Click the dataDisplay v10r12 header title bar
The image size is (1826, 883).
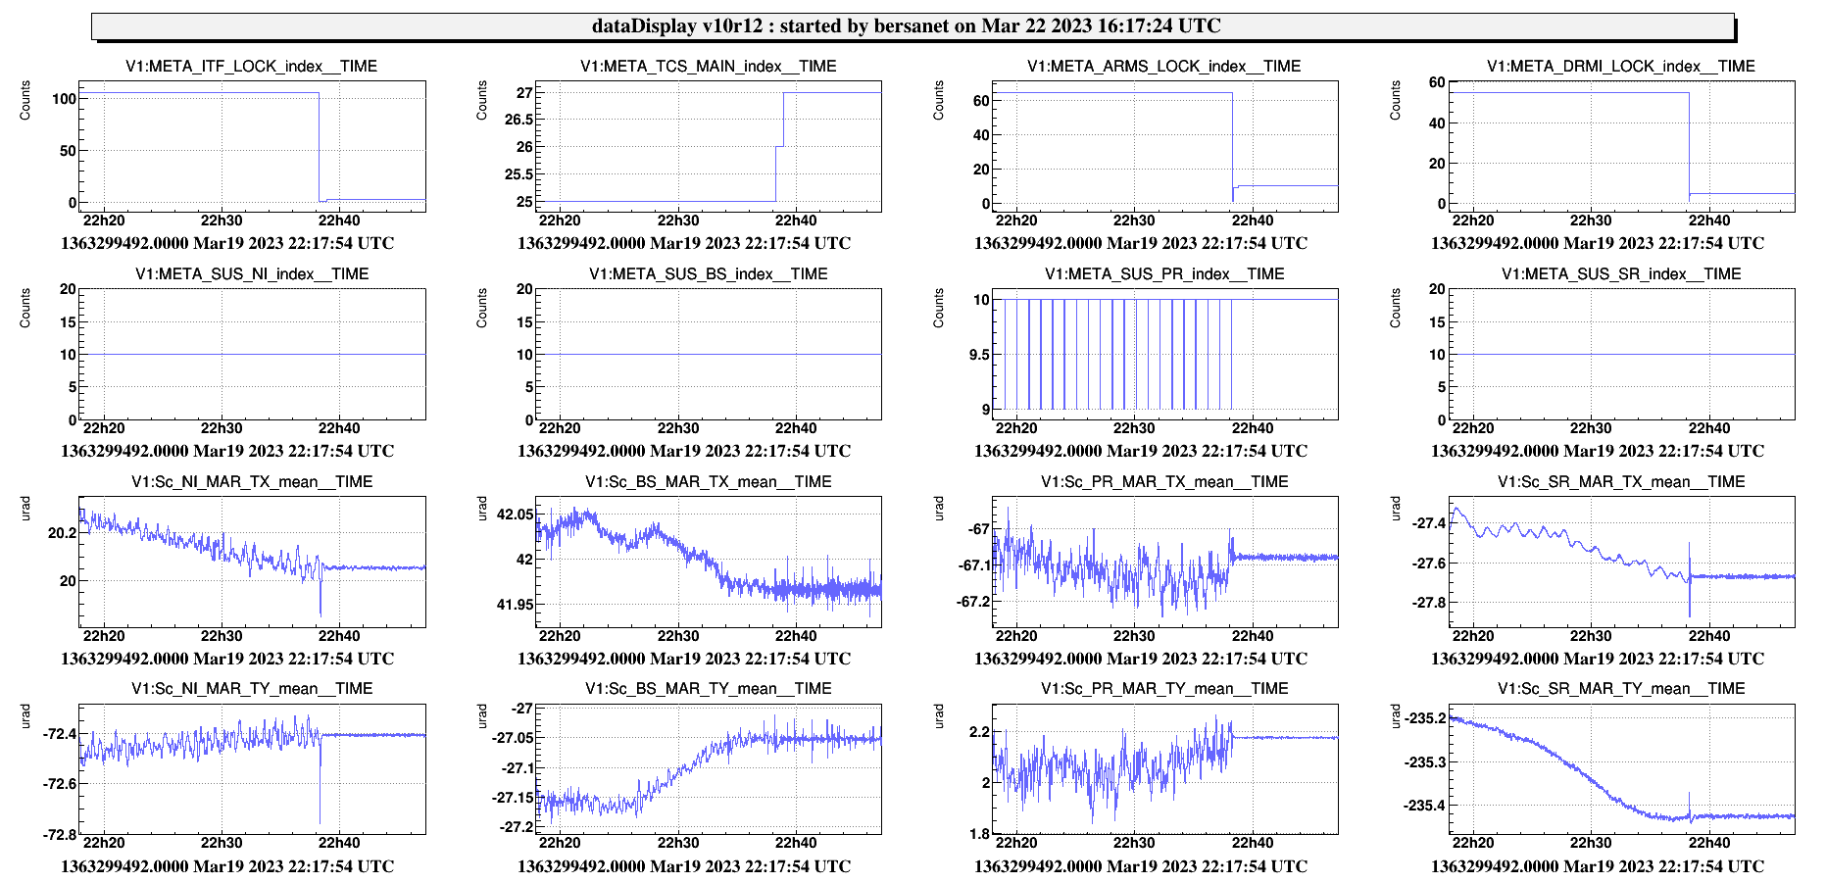(912, 26)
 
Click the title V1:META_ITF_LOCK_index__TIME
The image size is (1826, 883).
(251, 67)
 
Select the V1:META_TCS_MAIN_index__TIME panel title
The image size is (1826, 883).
(708, 67)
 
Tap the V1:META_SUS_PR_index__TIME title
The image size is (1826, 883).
(1164, 274)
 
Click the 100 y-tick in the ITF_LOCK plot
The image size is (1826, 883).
(65, 99)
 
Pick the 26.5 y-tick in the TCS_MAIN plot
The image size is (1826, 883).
(518, 120)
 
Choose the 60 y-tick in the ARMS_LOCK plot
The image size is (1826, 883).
(980, 101)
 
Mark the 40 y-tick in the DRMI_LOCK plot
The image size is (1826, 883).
(1437, 123)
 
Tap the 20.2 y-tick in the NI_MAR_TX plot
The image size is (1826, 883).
(62, 533)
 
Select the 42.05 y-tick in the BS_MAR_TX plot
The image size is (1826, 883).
(516, 515)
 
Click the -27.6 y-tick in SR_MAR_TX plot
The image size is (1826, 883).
(1429, 564)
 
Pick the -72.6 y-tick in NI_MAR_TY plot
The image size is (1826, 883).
(59, 784)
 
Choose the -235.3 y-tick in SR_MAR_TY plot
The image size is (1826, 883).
(1425, 762)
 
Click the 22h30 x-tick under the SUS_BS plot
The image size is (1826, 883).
(678, 428)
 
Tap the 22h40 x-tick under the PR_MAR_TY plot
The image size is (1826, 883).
(1253, 843)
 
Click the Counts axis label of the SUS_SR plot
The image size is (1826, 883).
(1396, 308)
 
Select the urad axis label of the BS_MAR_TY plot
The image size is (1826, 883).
(482, 716)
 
